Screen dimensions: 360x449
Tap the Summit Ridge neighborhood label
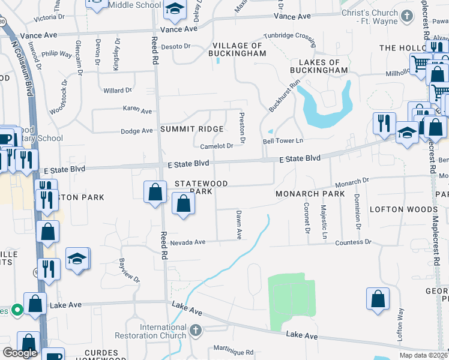pyautogui.click(x=191, y=130)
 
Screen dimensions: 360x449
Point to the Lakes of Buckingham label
pyautogui.click(x=319, y=66)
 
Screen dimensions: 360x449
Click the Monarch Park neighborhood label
pyautogui.click(x=310, y=194)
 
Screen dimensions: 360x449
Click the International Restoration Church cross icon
pyautogui.click(x=195, y=331)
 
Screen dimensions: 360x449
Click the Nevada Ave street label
pyautogui.click(x=187, y=242)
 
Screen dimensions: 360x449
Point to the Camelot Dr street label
pyautogui.click(x=216, y=146)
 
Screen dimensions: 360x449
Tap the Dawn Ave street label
pyautogui.click(x=239, y=224)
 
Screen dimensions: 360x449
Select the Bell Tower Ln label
pyautogui.click(x=283, y=141)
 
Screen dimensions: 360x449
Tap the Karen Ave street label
pyautogui.click(x=137, y=111)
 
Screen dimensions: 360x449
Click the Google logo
pyautogui.click(x=20, y=353)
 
